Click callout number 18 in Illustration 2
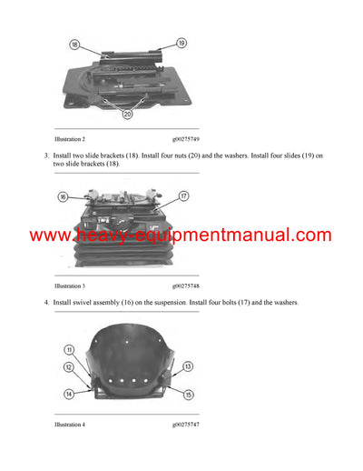coord(74,44)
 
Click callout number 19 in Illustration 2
coord(181,43)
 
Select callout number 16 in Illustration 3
coord(63,196)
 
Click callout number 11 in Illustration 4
coord(68,350)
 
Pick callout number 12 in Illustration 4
coord(68,366)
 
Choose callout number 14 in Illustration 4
coord(68,395)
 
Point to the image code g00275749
coord(189,139)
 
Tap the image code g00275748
coord(189,286)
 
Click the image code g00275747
coord(189,425)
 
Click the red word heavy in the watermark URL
coord(95,235)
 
